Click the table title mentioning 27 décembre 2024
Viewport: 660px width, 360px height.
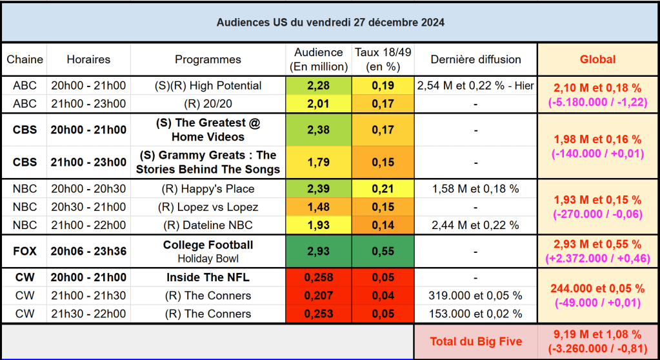(330, 22)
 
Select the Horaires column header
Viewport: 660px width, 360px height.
(88, 59)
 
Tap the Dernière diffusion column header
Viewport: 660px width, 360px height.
(475, 59)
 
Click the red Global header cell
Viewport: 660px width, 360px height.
(597, 59)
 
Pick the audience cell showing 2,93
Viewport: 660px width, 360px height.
(318, 252)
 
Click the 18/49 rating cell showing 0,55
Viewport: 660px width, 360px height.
(383, 252)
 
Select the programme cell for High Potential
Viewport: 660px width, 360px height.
(208, 86)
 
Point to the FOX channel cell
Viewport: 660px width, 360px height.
(25, 252)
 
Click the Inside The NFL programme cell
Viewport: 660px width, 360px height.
(208, 278)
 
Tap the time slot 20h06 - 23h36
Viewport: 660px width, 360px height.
(88, 252)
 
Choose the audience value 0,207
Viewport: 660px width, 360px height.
(318, 296)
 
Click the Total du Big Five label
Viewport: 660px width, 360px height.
(475, 341)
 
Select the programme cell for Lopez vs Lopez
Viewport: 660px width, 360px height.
(208, 207)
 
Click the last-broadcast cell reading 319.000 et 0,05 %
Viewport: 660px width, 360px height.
(475, 296)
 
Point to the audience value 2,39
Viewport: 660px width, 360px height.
(318, 189)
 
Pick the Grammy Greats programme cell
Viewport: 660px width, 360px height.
(208, 163)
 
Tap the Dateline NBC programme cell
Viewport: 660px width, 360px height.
(208, 225)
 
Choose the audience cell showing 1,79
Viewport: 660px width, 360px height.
(318, 163)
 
